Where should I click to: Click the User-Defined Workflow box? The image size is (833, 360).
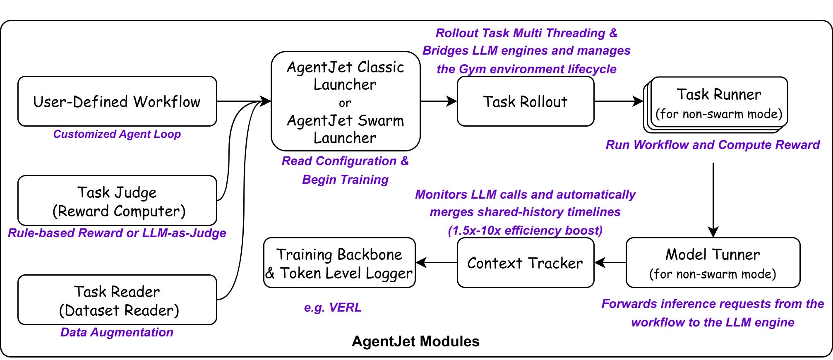point(117,101)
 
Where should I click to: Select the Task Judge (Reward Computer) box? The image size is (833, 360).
point(117,201)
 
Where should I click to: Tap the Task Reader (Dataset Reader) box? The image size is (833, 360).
point(117,300)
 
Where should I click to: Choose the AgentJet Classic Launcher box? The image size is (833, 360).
point(346,101)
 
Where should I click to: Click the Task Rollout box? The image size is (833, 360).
point(526,101)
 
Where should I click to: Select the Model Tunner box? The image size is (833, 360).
point(713,263)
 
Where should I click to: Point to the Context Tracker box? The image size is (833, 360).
point(526,263)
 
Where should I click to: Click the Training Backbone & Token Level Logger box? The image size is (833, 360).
point(339,263)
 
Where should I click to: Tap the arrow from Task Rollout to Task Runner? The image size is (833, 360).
point(618,101)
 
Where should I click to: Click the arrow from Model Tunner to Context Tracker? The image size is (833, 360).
point(610,262)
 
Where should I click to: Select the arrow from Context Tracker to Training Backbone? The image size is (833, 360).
point(436,262)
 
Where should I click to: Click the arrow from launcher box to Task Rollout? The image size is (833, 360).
point(439,101)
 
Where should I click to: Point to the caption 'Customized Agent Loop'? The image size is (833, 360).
point(117,134)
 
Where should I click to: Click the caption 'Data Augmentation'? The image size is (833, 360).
point(117,332)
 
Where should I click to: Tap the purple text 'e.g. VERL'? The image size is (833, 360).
point(333,307)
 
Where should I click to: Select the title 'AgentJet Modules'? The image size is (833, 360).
point(415,341)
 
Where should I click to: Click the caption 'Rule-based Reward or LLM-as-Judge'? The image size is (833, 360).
point(117,233)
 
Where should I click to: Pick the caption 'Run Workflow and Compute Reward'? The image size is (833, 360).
point(713,145)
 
